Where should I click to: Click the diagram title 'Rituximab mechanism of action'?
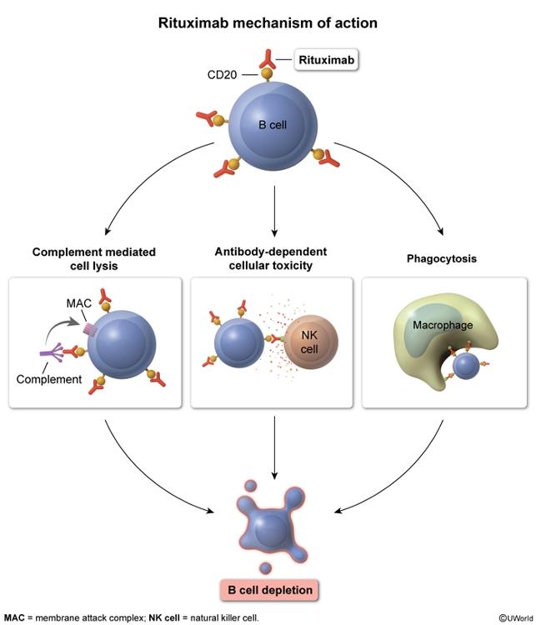[x=268, y=23]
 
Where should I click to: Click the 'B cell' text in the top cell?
[x=268, y=124]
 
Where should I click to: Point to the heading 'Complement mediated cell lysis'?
[x=94, y=258]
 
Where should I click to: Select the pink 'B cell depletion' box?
[x=268, y=590]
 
